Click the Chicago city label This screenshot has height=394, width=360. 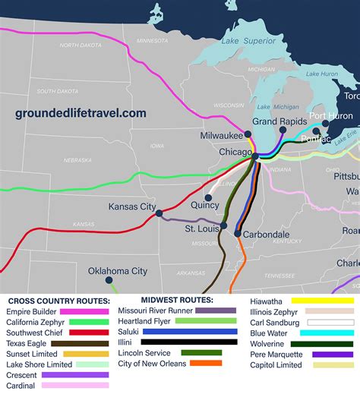[235, 152]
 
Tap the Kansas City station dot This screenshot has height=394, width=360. [159, 214]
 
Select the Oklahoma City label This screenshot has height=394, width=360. [118, 271]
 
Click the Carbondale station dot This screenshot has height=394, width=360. [238, 234]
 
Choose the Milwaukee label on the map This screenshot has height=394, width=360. [222, 135]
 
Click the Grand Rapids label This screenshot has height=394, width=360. [279, 121]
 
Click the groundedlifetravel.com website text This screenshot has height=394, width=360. [81, 113]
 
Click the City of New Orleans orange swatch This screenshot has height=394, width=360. [205, 364]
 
